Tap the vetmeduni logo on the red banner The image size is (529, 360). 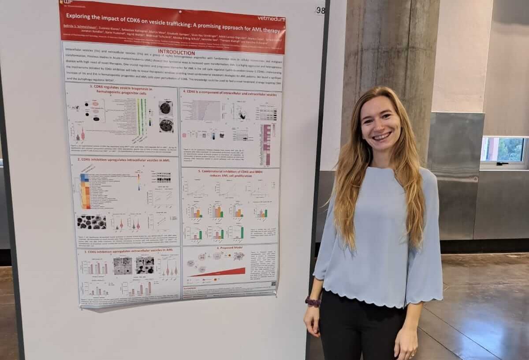(271, 19)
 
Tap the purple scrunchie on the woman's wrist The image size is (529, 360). (313, 302)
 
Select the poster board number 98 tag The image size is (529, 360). (320, 10)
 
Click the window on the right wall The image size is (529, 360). (504, 151)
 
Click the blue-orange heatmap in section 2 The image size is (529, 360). (85, 191)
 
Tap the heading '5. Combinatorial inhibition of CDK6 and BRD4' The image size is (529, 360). (230, 173)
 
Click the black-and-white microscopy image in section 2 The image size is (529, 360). (91, 221)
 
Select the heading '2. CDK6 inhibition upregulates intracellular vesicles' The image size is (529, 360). (123, 160)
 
